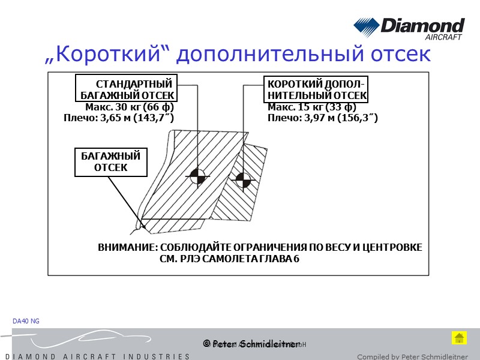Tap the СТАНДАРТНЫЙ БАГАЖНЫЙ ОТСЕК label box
127,89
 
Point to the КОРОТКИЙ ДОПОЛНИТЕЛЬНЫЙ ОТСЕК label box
317,89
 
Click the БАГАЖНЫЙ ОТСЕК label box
111,162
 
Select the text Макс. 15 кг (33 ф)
312,107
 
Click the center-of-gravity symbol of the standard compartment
197,176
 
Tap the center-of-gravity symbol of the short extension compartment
243,179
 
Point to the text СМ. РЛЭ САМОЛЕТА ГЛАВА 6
230,259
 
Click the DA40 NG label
26,322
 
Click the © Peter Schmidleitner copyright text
251,344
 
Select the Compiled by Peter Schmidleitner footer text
412,356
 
